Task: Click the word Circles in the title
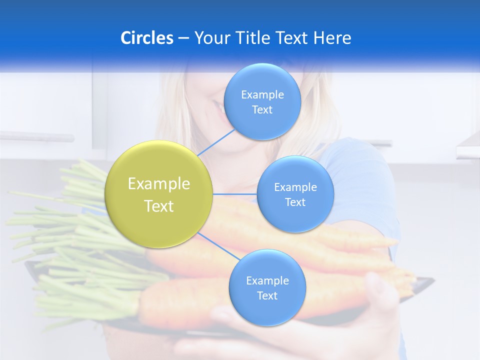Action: [x=146, y=38]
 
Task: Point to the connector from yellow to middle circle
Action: [x=235, y=194]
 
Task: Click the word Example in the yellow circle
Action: [x=158, y=184]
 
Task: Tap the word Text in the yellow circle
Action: [x=158, y=206]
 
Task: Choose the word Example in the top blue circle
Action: [x=262, y=95]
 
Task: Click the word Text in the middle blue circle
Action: [x=295, y=202]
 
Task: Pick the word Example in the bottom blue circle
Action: [x=267, y=280]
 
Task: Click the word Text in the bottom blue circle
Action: [x=267, y=296]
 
